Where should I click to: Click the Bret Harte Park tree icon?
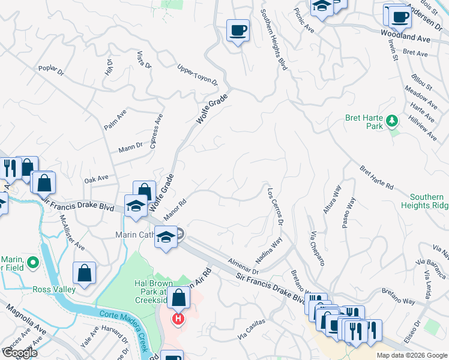(392, 121)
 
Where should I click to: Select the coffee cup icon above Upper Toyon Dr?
(238, 29)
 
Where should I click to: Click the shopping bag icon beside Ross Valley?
(85, 273)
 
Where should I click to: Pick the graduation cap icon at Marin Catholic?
(166, 238)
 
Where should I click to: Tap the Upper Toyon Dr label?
(197, 77)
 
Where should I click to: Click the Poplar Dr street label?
(50, 71)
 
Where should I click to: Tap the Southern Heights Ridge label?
(427, 201)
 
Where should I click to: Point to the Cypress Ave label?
(158, 128)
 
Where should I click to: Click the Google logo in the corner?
(20, 352)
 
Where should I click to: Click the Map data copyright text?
(411, 355)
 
